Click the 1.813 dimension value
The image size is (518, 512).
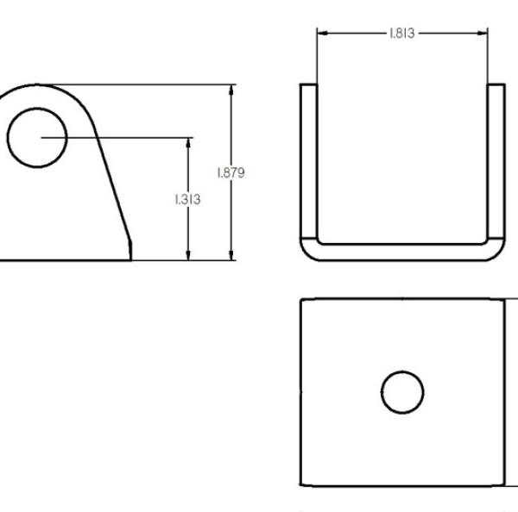point(402,34)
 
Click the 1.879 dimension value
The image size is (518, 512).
point(231,173)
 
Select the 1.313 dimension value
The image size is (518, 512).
point(187,199)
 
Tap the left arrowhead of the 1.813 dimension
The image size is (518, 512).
point(322,33)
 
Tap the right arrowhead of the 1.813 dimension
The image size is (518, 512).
point(483,33)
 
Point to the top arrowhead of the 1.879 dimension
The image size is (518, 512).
point(231,90)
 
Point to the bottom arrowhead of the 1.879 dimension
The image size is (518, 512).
point(231,255)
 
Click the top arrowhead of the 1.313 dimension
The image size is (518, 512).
point(188,143)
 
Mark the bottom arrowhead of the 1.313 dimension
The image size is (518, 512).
point(188,255)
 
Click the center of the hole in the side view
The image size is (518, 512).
point(37,138)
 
